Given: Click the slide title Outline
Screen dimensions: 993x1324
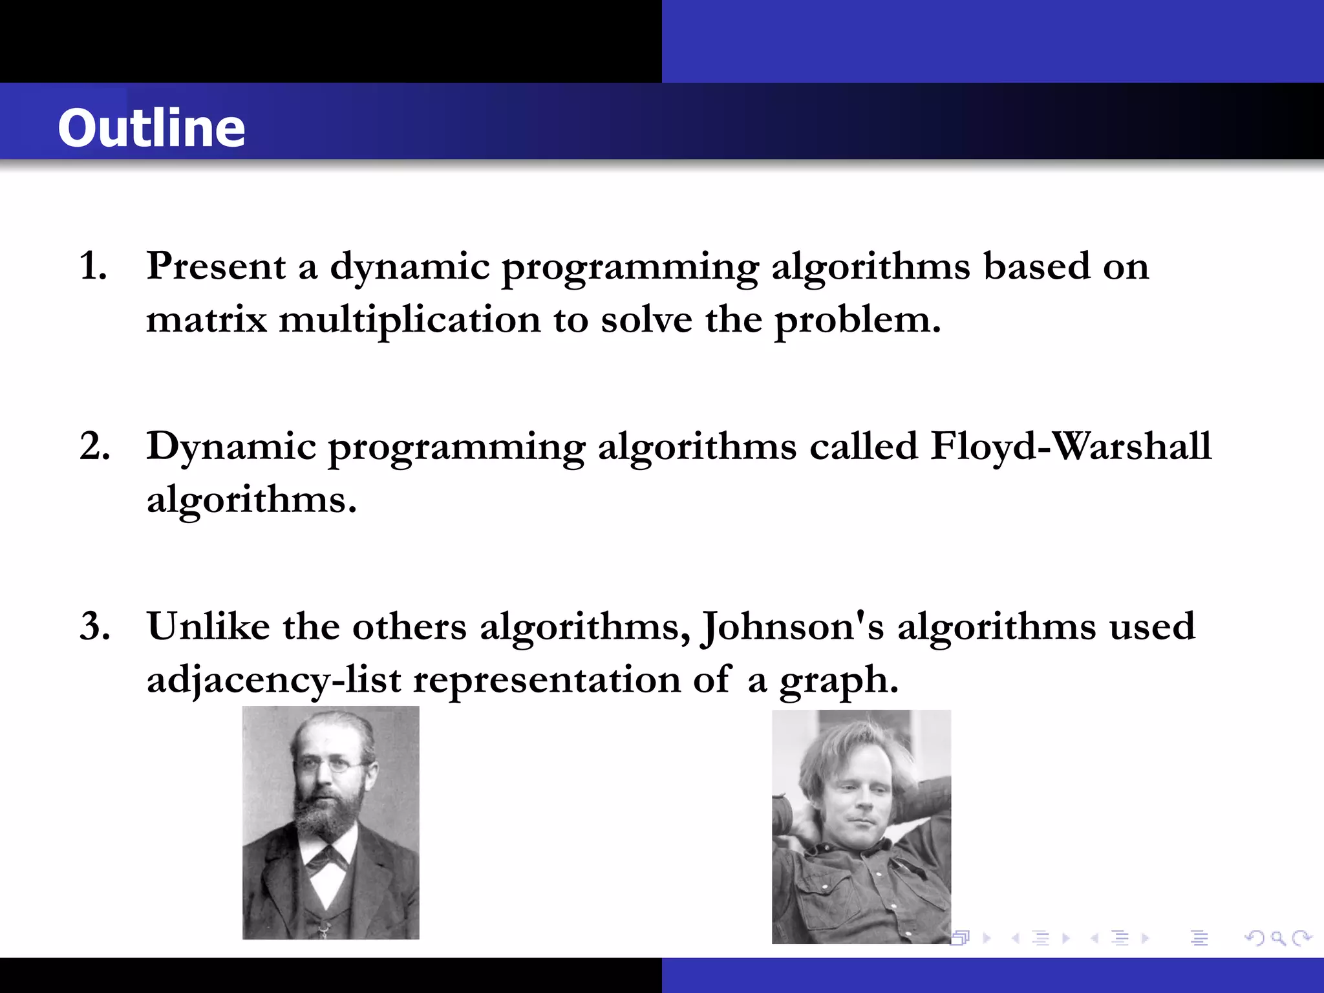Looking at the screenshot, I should (151, 128).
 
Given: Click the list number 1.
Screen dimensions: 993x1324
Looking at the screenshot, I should (92, 266).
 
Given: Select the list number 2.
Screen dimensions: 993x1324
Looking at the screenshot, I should (94, 446).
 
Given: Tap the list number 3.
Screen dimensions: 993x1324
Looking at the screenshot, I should (94, 626).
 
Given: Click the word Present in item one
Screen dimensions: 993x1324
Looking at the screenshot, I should (216, 266).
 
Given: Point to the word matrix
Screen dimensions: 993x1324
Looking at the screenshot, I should (206, 319).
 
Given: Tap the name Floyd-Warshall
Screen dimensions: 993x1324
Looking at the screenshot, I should (1071, 446).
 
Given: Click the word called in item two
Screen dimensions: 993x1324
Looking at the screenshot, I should (864, 446).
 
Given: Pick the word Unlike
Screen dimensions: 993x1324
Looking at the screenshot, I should (208, 626).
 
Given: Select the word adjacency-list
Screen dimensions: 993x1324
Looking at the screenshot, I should (273, 680).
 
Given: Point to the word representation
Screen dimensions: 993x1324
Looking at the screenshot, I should (547, 680).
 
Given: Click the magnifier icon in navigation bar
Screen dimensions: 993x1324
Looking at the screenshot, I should (1277, 937).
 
